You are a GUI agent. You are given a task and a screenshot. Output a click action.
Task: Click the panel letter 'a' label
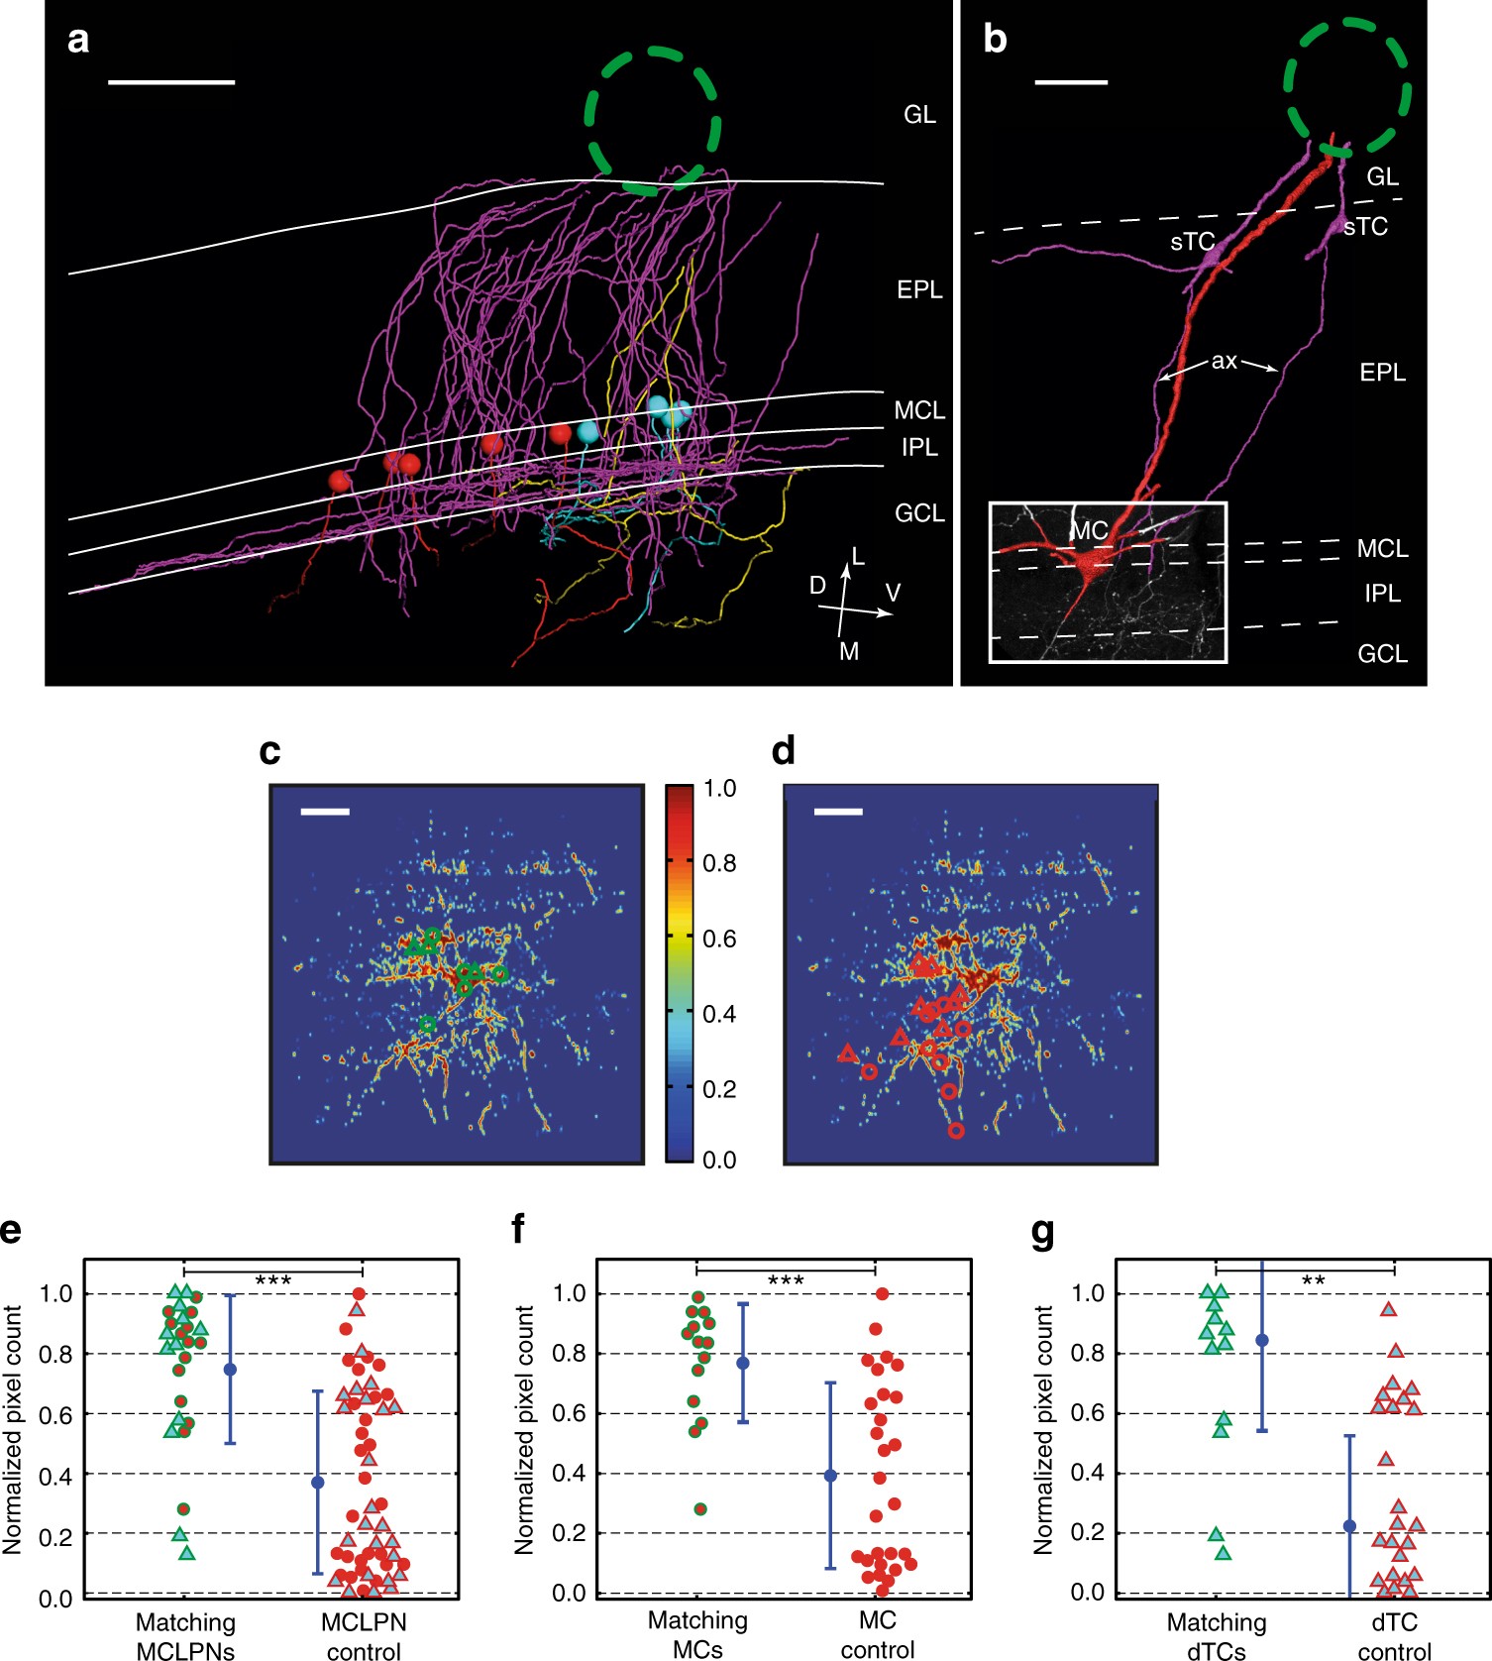tap(77, 41)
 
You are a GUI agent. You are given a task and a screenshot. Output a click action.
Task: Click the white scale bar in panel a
tap(170, 82)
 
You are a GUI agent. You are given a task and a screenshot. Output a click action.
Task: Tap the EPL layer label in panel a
tap(918, 289)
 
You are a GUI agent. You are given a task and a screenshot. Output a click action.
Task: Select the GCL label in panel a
tap(918, 512)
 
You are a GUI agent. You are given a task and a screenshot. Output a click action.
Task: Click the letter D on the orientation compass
tap(817, 586)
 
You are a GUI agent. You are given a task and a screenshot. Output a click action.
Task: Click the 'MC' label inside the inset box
tap(1089, 531)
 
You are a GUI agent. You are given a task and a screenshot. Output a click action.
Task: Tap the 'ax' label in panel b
tap(1224, 361)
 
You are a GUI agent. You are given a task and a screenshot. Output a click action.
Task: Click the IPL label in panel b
tap(1382, 593)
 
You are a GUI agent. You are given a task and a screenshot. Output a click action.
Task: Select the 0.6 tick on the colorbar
tap(719, 939)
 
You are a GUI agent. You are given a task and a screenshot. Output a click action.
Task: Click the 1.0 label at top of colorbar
tap(719, 789)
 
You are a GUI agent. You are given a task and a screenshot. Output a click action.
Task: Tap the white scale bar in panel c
tap(325, 812)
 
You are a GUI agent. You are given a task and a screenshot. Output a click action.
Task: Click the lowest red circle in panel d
tap(955, 1130)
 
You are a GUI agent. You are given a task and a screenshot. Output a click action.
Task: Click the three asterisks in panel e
tap(272, 1280)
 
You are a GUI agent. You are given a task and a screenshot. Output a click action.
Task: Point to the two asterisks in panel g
tap(1313, 1280)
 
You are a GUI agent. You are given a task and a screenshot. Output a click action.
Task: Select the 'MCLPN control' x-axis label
tap(364, 1636)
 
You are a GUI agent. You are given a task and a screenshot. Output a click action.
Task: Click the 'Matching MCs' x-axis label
tap(697, 1634)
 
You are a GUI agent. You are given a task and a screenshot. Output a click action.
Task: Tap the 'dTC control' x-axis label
tap(1394, 1636)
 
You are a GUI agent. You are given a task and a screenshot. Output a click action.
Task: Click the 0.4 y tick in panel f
tap(569, 1473)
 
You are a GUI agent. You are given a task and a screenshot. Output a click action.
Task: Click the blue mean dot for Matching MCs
tap(743, 1363)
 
